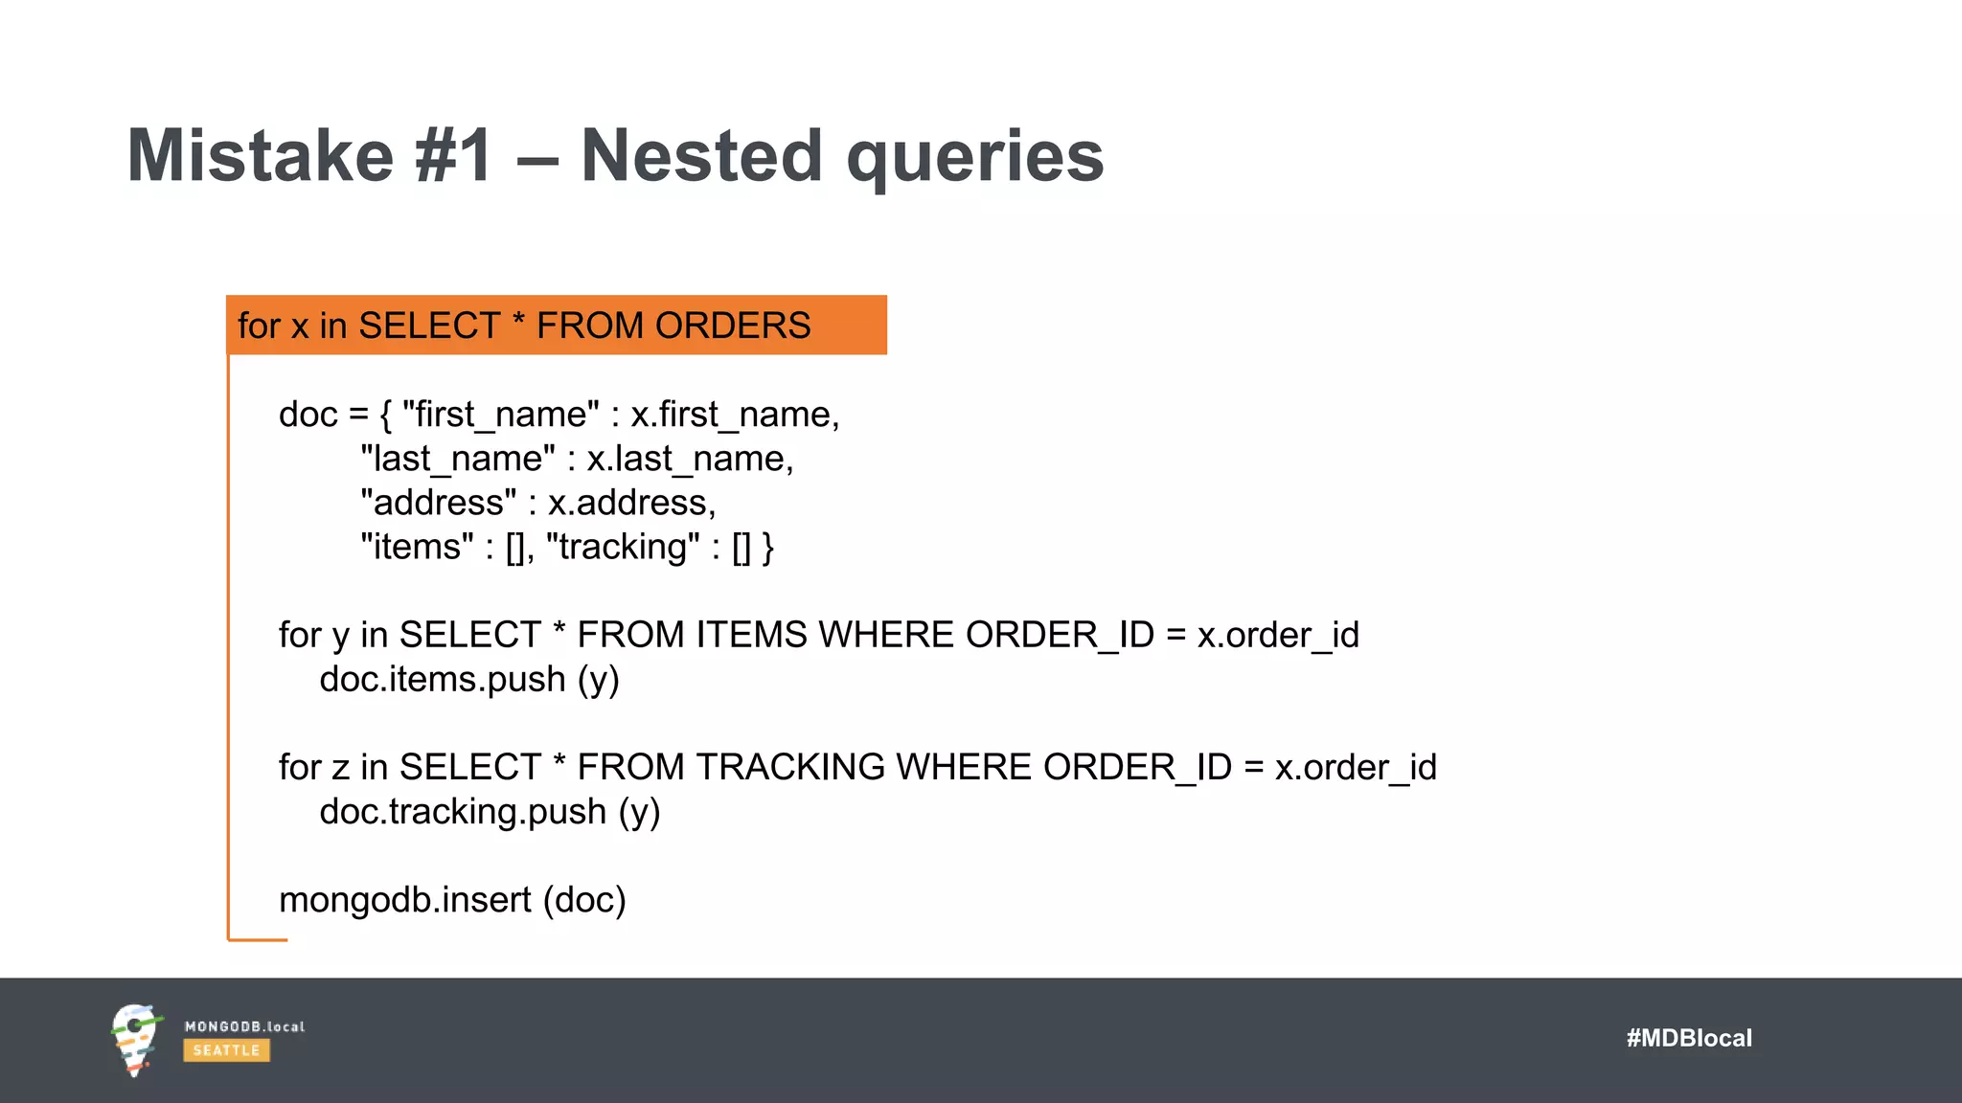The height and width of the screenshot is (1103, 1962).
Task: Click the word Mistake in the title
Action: [x=260, y=155]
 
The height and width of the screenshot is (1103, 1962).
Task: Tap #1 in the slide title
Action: [x=454, y=155]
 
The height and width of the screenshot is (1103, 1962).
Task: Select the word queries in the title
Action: [x=975, y=157]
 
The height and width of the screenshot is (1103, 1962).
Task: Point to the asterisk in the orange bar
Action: [x=518, y=322]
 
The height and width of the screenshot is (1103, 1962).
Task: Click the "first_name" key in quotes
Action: [x=501, y=415]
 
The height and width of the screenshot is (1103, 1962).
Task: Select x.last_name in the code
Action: [x=689, y=459]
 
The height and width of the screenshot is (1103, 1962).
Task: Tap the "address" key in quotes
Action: [x=439, y=503]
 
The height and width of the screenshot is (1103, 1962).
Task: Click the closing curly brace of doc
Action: [x=767, y=548]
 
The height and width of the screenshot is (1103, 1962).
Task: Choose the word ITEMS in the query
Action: [x=751, y=635]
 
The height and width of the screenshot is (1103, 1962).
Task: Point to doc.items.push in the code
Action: [x=443, y=679]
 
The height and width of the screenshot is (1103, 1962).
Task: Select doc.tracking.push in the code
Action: [x=463, y=811]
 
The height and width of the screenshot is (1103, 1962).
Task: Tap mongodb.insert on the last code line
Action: [x=404, y=900]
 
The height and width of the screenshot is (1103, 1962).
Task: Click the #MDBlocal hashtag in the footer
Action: [x=1688, y=1038]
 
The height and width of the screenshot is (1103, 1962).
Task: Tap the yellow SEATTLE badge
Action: [x=226, y=1050]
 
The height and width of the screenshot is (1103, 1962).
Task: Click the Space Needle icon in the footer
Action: [x=135, y=1040]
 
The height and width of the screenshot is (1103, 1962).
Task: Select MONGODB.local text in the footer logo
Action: [x=244, y=1026]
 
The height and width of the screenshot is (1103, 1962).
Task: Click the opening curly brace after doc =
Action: [x=385, y=416]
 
